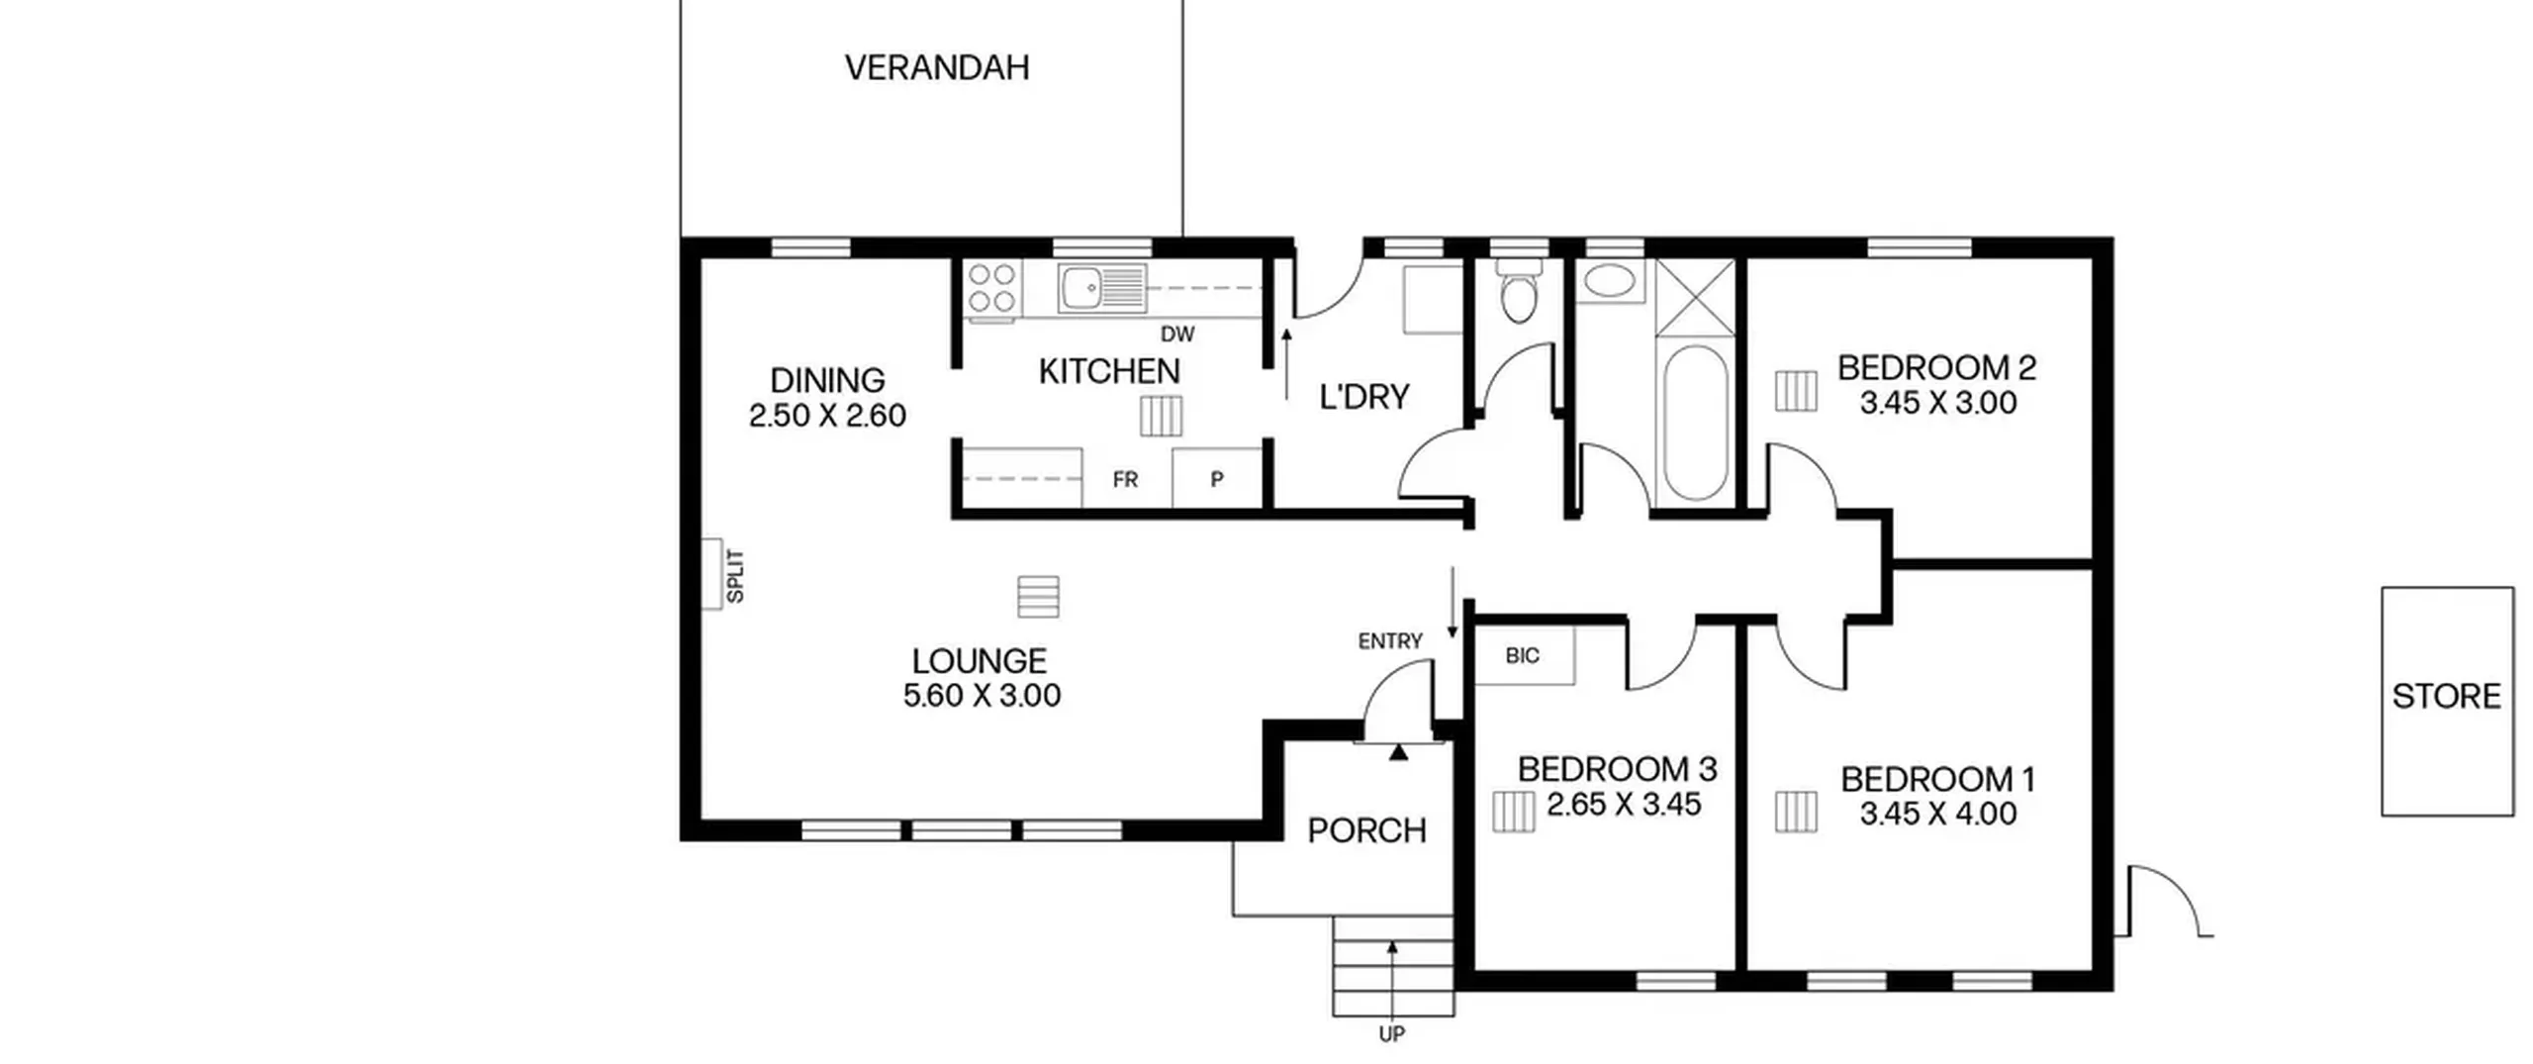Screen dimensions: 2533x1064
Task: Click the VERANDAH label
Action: click(937, 67)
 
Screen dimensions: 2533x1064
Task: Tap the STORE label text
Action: click(2446, 697)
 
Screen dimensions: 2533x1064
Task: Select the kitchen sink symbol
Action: click(1101, 288)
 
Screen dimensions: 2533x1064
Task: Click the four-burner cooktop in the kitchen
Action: click(992, 288)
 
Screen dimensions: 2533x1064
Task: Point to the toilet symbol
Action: click(1518, 290)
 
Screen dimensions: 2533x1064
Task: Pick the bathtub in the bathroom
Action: click(1695, 423)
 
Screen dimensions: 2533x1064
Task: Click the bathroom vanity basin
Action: click(1610, 281)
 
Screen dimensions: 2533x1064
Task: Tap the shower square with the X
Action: click(1695, 298)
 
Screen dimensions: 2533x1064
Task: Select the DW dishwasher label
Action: click(1177, 335)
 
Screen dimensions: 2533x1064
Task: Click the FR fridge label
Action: click(1125, 480)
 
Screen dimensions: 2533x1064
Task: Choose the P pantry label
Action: click(1217, 480)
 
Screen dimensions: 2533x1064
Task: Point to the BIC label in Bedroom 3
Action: click(1522, 655)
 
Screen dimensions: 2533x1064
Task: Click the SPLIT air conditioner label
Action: click(735, 576)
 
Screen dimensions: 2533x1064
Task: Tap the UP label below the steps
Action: click(1392, 1034)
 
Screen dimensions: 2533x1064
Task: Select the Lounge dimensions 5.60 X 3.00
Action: click(982, 696)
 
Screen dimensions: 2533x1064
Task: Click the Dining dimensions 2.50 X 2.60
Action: click(827, 416)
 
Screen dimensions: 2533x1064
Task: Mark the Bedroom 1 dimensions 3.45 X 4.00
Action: click(1937, 815)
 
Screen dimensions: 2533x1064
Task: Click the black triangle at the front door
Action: click(1398, 753)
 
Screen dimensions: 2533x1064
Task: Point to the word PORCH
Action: click(1366, 831)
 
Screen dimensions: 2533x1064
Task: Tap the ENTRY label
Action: click(1390, 641)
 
